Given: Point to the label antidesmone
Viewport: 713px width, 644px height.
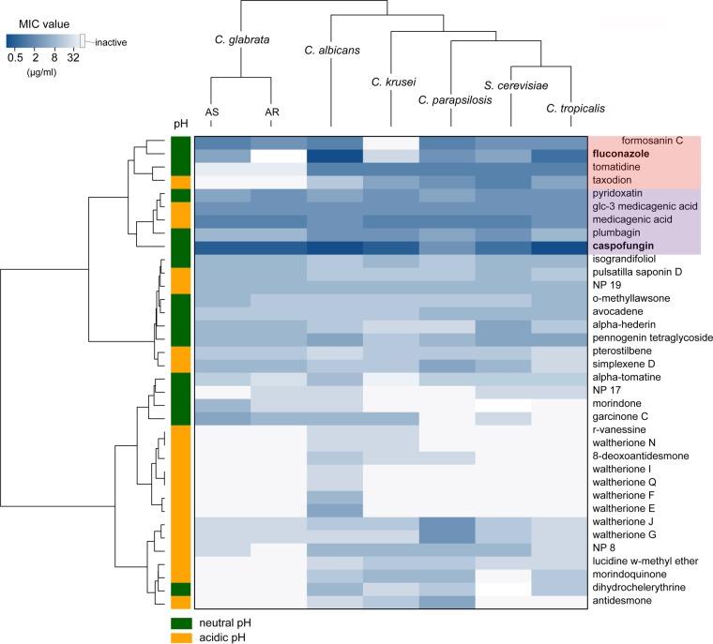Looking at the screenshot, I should (624, 600).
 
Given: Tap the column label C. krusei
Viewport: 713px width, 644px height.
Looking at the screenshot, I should (390, 82).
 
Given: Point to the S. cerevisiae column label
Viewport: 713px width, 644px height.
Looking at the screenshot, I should (512, 84).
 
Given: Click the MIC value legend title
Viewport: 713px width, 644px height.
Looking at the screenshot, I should (35, 23).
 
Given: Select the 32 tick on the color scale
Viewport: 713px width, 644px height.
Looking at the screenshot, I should (72, 58).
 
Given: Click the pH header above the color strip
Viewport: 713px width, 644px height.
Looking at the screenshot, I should (180, 124).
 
